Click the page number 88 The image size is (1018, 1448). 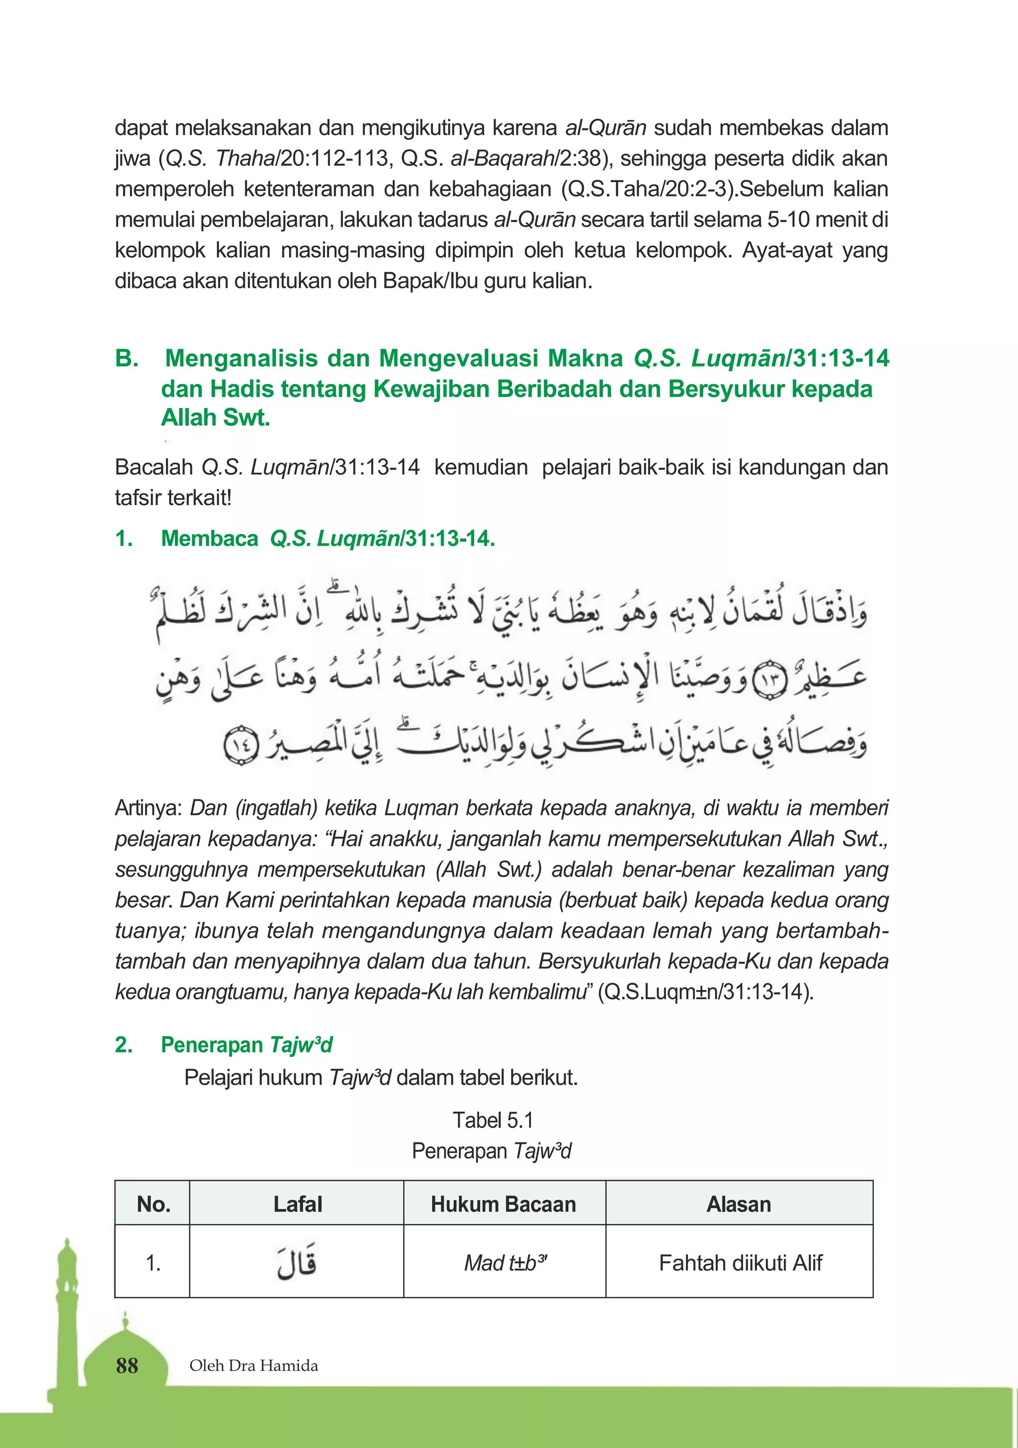[x=127, y=1366]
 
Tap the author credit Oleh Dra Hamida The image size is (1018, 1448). [x=254, y=1366]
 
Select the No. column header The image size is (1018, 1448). [x=153, y=1204]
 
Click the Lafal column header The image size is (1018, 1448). [x=297, y=1204]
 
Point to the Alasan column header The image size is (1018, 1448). [x=739, y=1204]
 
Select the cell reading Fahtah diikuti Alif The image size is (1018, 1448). [x=740, y=1263]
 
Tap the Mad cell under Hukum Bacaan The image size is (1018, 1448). [x=505, y=1263]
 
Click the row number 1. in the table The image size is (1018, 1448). [x=153, y=1263]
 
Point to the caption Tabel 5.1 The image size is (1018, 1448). [x=493, y=1120]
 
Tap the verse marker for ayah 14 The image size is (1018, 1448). [x=242, y=745]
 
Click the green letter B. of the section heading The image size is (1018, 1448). [x=127, y=358]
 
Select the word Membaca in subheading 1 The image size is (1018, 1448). [x=209, y=538]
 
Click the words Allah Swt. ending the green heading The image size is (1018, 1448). [x=215, y=417]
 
